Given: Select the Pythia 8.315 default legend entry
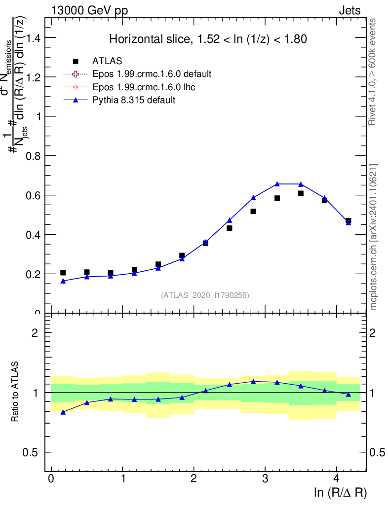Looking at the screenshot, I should (x=134, y=100).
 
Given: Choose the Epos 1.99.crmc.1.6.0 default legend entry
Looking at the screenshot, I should (x=152, y=74).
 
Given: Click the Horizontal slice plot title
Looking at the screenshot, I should (x=208, y=39).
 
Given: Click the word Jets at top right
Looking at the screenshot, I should (x=349, y=10).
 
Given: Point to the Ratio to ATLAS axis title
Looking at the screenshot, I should (x=16, y=393).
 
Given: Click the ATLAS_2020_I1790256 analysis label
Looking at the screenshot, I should (x=205, y=295).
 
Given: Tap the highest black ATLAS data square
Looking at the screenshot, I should (x=301, y=193).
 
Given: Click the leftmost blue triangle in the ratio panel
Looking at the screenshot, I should (x=63, y=412).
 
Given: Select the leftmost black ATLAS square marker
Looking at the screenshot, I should (x=63, y=273).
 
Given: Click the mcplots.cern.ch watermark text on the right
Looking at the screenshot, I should (x=374, y=237).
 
